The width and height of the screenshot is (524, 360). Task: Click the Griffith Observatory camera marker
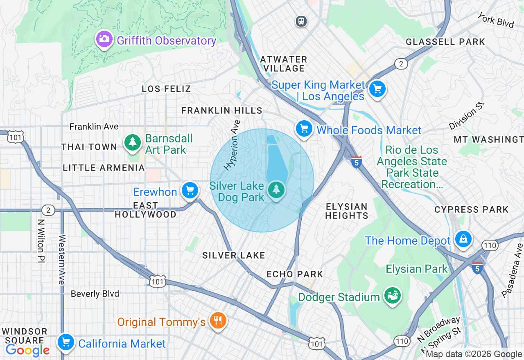(104, 39)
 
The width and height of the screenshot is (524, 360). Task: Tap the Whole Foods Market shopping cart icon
(304, 129)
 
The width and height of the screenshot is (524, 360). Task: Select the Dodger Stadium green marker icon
(393, 296)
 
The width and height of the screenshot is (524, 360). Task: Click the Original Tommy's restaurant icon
(217, 321)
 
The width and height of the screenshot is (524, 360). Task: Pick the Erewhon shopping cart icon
(190, 191)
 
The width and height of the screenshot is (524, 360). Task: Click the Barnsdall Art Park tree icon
(133, 143)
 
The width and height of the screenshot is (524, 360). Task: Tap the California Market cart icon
(66, 342)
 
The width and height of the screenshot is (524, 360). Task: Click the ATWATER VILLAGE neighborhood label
(284, 64)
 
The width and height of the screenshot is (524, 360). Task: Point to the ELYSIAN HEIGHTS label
(347, 211)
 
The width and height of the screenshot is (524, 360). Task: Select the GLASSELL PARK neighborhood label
(445, 42)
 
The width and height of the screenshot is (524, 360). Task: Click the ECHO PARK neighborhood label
(295, 274)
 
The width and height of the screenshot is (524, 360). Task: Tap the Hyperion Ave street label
(232, 145)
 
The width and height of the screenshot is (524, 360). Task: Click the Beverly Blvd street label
(95, 294)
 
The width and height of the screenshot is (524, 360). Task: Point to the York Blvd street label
(496, 20)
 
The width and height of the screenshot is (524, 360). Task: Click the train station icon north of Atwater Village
(302, 21)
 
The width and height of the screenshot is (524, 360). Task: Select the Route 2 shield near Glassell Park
(401, 63)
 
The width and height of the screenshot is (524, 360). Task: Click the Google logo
(28, 350)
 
